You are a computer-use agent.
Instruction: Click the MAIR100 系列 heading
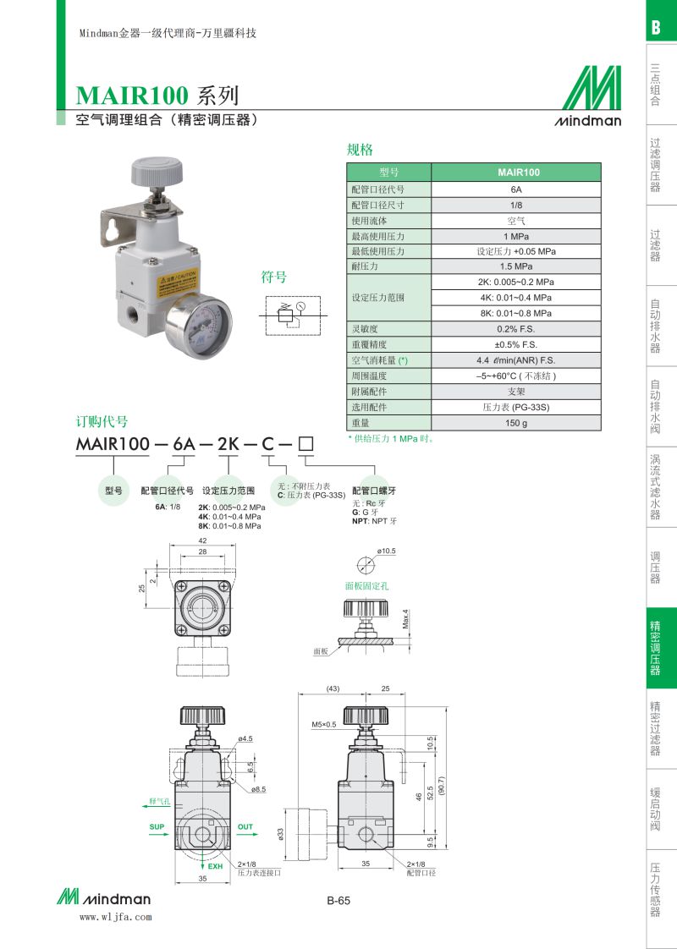pos(157,96)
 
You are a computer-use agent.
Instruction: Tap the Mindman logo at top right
pos(588,96)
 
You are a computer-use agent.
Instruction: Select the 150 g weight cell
pos(516,423)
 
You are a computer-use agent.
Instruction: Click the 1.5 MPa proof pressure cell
pos(516,266)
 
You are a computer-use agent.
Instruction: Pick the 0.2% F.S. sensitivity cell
pos(516,329)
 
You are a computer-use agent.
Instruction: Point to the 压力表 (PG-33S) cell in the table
pos(516,408)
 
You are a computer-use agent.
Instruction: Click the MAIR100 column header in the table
pos(516,173)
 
